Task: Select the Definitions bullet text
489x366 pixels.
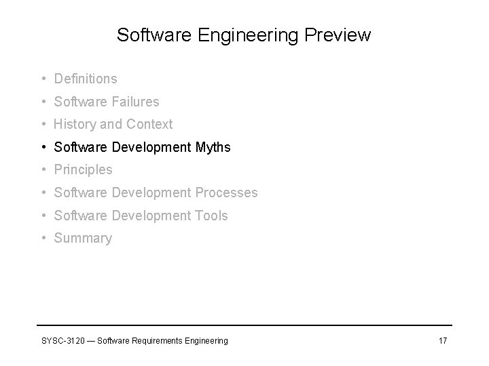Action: click(86, 79)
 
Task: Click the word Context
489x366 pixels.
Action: click(149, 124)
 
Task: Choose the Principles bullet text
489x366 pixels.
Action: click(83, 169)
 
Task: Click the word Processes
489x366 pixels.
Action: click(226, 192)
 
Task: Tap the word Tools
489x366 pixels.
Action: click(211, 216)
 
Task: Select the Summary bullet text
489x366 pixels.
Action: click(83, 238)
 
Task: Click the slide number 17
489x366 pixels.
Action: click(442, 340)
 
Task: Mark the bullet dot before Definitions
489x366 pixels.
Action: click(43, 79)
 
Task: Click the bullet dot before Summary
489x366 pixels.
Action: click(43, 238)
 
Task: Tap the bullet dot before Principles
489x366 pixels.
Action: click(43, 169)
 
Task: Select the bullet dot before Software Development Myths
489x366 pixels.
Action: click(43, 147)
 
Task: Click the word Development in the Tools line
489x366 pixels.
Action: click(149, 216)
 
